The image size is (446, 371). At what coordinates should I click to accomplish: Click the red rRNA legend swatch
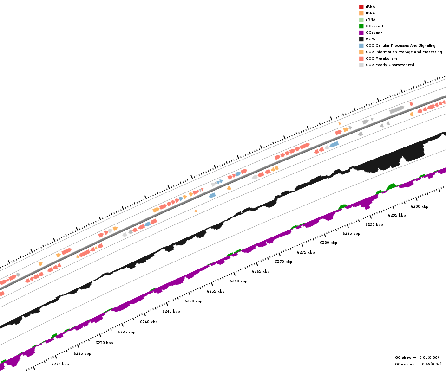[x=361, y=6]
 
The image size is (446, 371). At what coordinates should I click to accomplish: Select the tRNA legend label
[x=370, y=13]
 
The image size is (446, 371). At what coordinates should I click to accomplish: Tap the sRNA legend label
[x=370, y=19]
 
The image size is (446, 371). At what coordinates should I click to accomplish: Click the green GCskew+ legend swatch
[x=361, y=26]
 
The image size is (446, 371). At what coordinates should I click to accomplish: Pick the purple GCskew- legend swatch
[x=361, y=32]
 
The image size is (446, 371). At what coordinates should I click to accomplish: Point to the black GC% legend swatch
[x=361, y=39]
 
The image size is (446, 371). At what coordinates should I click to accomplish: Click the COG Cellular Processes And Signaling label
[x=400, y=45]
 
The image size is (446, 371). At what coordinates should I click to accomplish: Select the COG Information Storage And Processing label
[x=404, y=52]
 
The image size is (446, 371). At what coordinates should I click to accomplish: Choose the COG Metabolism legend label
[x=381, y=58]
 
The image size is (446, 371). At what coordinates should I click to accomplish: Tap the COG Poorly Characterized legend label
[x=390, y=65]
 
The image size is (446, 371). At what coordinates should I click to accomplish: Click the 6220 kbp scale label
[x=60, y=364]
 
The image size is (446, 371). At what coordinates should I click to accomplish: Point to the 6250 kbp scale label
[x=193, y=301]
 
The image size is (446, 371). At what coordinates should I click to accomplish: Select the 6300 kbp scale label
[x=420, y=206]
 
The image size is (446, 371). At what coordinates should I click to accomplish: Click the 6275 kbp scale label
[x=306, y=252]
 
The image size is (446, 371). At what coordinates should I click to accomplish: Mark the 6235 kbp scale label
[x=126, y=332]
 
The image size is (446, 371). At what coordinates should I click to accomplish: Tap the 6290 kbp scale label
[x=374, y=224]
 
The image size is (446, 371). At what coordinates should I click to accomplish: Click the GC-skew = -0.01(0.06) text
[x=416, y=358]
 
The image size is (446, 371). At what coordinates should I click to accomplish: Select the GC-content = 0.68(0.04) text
[x=416, y=364]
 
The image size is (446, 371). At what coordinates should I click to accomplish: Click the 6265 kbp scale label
[x=261, y=271]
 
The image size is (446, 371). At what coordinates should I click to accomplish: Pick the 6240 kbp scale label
[x=149, y=322]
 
